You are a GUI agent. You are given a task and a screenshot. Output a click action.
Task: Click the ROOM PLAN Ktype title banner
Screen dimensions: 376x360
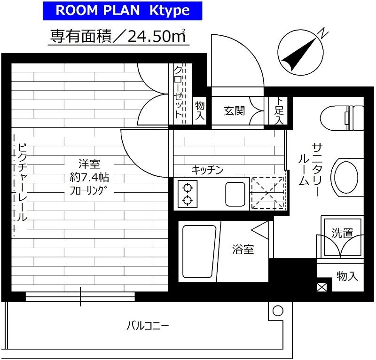(x=122, y=11)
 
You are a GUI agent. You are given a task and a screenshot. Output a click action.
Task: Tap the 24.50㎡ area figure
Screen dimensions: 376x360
(x=157, y=36)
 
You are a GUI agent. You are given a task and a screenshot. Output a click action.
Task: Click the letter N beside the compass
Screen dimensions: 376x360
(x=323, y=33)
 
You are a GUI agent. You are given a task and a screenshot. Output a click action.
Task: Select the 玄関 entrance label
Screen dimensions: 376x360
(x=234, y=111)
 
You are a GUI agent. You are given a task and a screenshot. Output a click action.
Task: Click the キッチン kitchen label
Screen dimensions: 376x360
(x=207, y=170)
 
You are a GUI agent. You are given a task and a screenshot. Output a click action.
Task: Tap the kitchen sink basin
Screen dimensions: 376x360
(x=235, y=194)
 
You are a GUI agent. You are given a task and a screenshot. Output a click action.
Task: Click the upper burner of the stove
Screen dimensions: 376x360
(x=188, y=188)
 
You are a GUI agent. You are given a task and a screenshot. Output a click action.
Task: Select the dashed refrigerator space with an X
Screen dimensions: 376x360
(x=267, y=193)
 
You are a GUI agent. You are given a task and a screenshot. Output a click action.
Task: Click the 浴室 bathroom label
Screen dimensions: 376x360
(x=243, y=249)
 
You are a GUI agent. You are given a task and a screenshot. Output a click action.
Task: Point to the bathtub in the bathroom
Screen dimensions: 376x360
(x=199, y=251)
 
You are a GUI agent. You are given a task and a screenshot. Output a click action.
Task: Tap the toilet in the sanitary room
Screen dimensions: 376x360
(x=342, y=118)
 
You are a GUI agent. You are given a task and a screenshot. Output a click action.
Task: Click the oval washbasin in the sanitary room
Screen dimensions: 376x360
(x=346, y=178)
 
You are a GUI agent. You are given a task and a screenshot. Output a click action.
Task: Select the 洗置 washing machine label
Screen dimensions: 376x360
(x=342, y=233)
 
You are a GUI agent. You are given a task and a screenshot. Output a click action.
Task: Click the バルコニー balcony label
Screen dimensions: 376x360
(x=148, y=326)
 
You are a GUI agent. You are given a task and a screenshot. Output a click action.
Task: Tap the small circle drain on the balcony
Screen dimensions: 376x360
(x=278, y=311)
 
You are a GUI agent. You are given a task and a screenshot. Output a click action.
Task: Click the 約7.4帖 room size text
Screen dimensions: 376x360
(x=89, y=178)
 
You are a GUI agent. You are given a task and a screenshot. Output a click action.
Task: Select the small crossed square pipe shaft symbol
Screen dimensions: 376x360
(x=321, y=287)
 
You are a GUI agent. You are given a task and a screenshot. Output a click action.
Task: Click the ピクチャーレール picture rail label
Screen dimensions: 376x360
(x=23, y=182)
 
